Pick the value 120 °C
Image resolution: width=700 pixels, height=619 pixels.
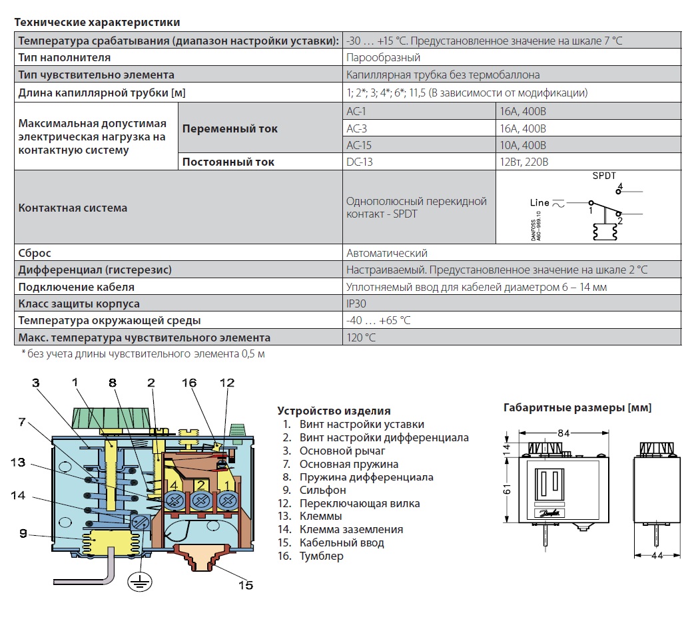click(x=361, y=337)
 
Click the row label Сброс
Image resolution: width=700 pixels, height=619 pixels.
click(x=35, y=253)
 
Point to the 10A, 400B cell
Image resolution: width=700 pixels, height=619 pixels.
click(x=524, y=145)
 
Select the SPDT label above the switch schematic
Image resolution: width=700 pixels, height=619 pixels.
click(x=604, y=176)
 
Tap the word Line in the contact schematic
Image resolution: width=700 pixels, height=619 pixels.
click(x=539, y=202)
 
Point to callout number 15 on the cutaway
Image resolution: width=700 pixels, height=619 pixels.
click(x=246, y=585)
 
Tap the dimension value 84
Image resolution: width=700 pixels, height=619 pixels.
click(x=563, y=433)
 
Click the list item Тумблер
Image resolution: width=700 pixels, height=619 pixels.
click(x=321, y=556)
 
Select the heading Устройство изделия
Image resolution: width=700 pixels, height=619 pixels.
click(x=334, y=411)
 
